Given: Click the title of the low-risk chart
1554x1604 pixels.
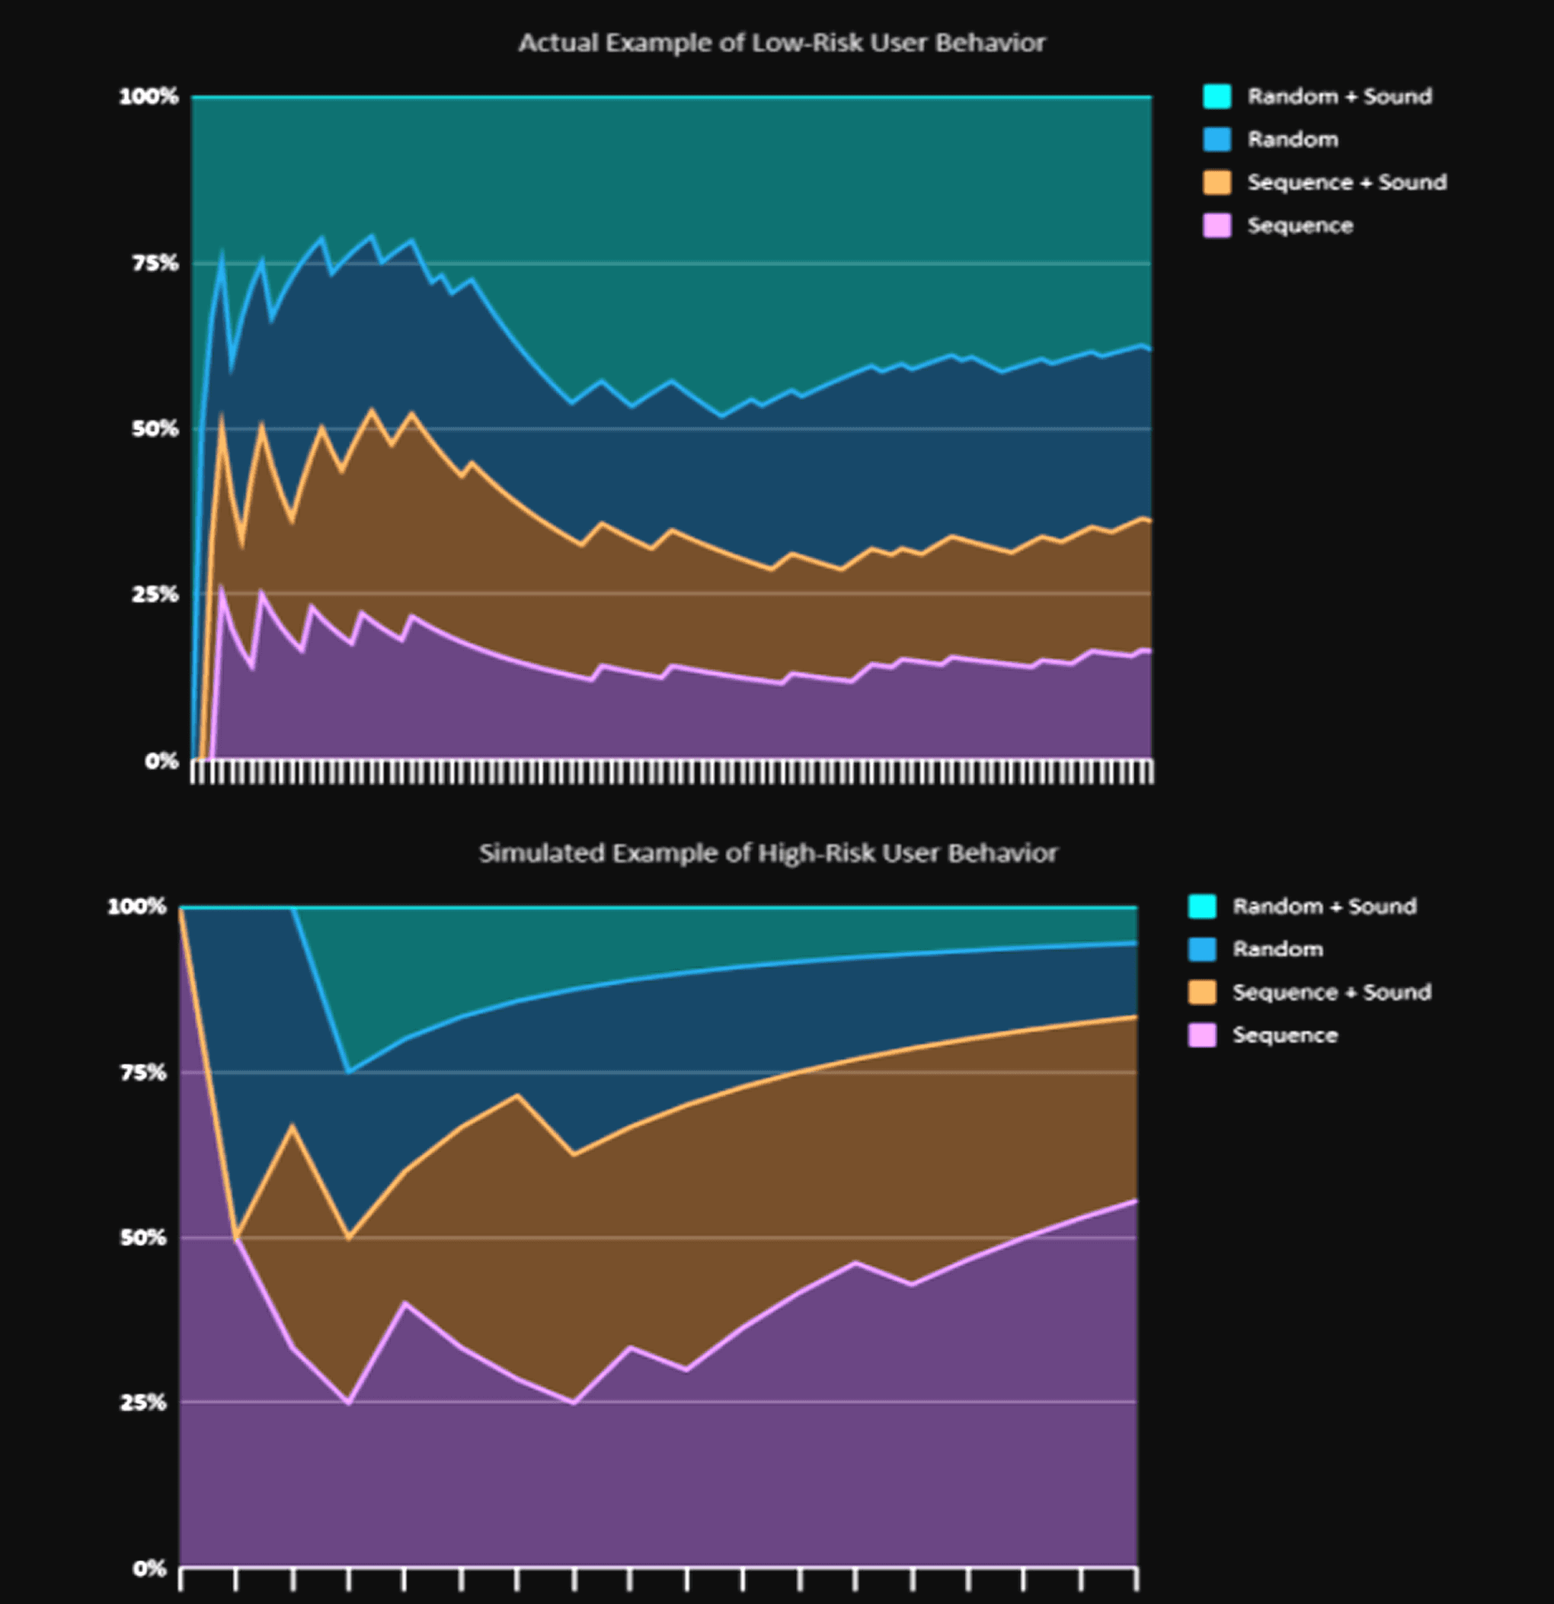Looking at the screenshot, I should click(782, 43).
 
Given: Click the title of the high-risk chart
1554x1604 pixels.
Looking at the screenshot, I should click(768, 853).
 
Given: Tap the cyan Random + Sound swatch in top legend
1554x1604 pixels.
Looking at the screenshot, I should click(1217, 97).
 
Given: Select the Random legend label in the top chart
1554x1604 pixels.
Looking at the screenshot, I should click(1292, 139).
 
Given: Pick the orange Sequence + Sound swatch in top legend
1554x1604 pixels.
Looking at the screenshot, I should click(1217, 182).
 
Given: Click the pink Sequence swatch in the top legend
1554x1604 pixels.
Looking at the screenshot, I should click(1217, 225).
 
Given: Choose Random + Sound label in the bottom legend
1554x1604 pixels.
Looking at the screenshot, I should click(1324, 906).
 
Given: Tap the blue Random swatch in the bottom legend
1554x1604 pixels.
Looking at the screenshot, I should click(1202, 949).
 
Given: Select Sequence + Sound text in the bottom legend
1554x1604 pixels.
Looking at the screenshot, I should click(1332, 992).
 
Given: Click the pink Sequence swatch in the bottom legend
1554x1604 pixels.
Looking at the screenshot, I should click(1202, 1035).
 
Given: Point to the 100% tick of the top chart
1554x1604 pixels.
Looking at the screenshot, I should click(149, 97).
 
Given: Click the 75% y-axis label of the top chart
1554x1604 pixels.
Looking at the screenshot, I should click(155, 263).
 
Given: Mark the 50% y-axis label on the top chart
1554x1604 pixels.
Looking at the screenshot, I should click(155, 428).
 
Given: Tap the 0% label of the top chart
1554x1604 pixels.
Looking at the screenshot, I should click(161, 761).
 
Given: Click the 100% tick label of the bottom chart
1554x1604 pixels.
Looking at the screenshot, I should click(136, 906).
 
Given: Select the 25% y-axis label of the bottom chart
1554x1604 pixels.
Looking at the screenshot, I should click(143, 1403).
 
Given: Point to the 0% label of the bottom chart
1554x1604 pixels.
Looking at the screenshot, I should click(149, 1569).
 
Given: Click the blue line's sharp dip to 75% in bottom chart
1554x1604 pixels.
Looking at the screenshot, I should click(349, 1071).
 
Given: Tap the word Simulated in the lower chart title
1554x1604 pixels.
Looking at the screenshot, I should click(542, 853).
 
